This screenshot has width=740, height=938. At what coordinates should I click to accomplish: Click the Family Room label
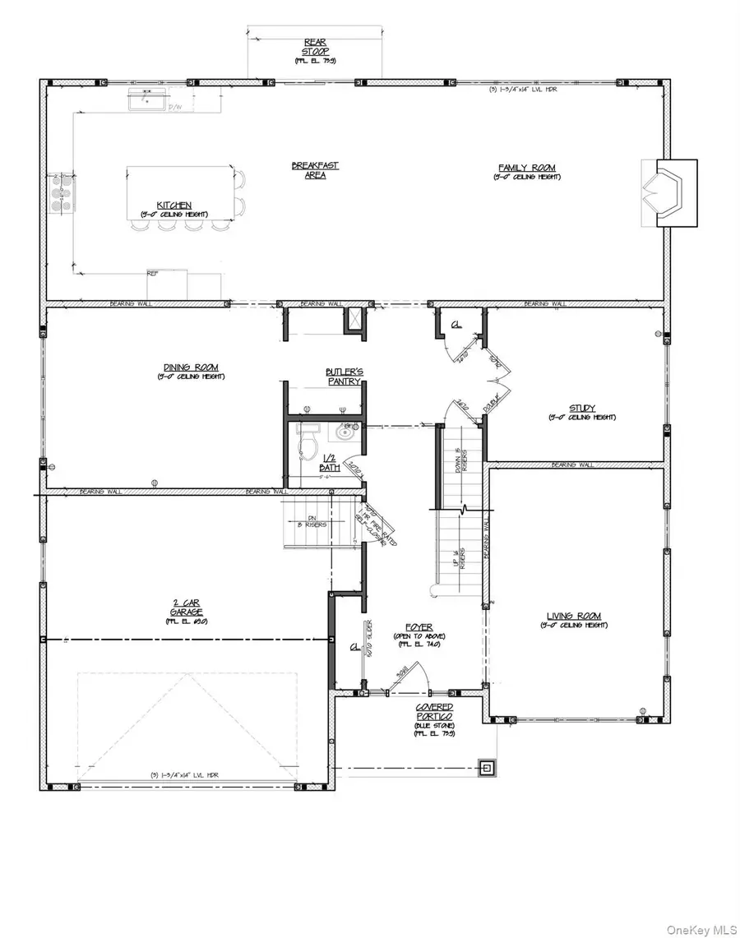point(525,168)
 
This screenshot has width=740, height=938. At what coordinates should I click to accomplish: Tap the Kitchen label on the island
point(175,206)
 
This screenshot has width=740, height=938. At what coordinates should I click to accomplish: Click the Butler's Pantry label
point(344,377)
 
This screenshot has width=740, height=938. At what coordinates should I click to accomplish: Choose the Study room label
point(582,408)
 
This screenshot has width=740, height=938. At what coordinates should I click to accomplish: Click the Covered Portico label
point(434,711)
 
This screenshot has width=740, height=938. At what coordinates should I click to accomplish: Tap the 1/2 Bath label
point(329,463)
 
